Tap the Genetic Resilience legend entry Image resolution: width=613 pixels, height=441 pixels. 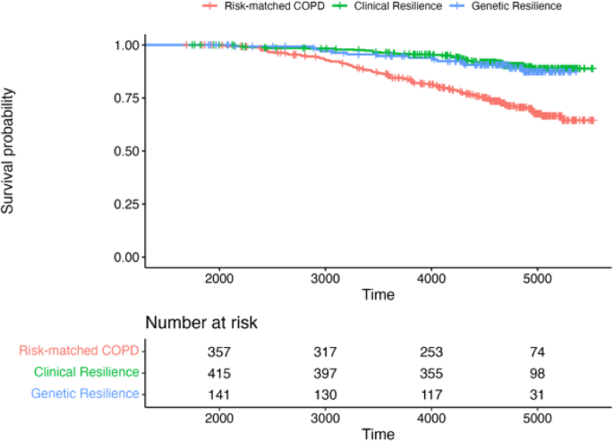point(521,6)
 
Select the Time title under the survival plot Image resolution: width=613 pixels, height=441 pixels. point(378,293)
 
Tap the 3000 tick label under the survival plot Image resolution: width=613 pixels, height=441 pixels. point(325,277)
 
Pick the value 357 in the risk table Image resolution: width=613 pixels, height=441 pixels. point(219,352)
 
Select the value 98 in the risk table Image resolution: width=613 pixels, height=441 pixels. point(537,372)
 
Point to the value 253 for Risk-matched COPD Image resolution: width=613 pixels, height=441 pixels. point(430,352)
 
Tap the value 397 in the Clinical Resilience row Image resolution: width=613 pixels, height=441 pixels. point(325,372)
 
